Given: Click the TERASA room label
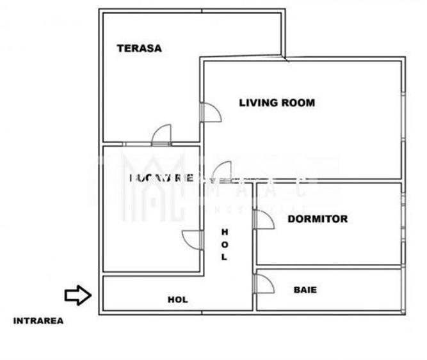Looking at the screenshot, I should click(x=139, y=48).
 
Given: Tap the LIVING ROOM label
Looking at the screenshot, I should click(x=277, y=102).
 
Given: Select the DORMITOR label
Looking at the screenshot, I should click(x=318, y=219).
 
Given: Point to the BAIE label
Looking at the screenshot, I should click(x=305, y=290).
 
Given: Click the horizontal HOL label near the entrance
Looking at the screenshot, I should click(x=177, y=299).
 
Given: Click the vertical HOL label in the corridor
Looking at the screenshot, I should click(x=224, y=244).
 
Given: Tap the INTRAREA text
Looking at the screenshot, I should click(x=38, y=322).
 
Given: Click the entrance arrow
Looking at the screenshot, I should click(x=78, y=295).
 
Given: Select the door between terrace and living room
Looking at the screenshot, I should click(x=210, y=113).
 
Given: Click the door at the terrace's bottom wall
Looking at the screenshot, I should click(x=162, y=134).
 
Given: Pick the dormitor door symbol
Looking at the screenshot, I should click(x=262, y=219).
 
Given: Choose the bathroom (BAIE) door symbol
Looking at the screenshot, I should click(x=262, y=283).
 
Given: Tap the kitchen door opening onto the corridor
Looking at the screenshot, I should click(x=192, y=240).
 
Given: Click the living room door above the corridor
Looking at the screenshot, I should click(x=222, y=171).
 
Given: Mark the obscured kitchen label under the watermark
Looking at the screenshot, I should click(x=161, y=178).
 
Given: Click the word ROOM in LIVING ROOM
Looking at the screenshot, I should click(x=298, y=102).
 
